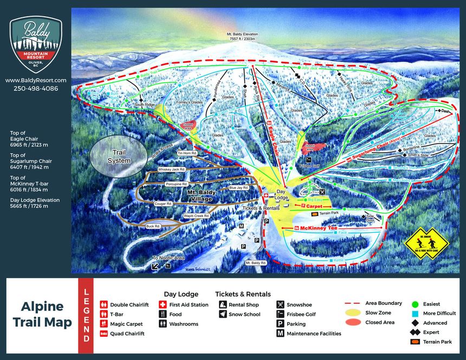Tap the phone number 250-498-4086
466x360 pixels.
click(x=36, y=88)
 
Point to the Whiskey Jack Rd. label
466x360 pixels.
click(x=172, y=169)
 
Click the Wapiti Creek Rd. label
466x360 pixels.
click(x=196, y=215)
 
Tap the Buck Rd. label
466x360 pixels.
click(x=153, y=226)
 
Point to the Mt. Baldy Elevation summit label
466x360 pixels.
click(x=242, y=36)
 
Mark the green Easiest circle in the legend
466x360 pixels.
click(x=415, y=304)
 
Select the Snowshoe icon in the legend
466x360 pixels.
click(x=280, y=305)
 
